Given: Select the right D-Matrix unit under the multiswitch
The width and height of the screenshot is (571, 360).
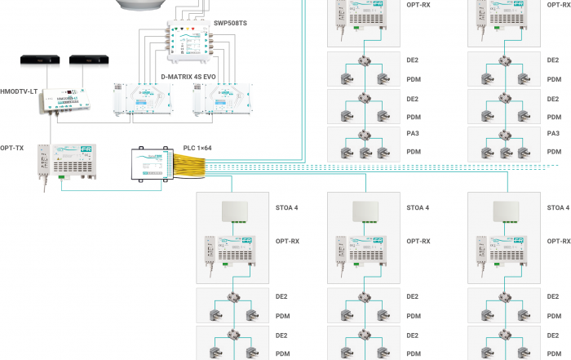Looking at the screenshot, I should pyautogui.click(x=221, y=100).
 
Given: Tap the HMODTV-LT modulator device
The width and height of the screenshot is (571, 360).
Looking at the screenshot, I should pyautogui.click(x=65, y=99).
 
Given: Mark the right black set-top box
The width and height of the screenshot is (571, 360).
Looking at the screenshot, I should pyautogui.click(x=86, y=60).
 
